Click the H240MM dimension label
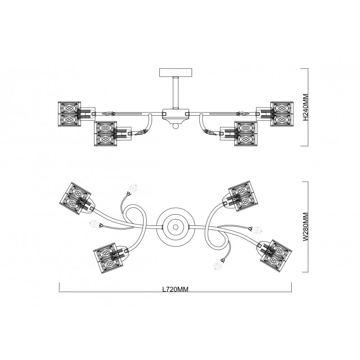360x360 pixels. click(305, 108)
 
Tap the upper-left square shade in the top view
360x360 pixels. click(75, 194)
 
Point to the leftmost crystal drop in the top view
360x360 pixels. click(94, 224)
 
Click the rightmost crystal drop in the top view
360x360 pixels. click(258, 230)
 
